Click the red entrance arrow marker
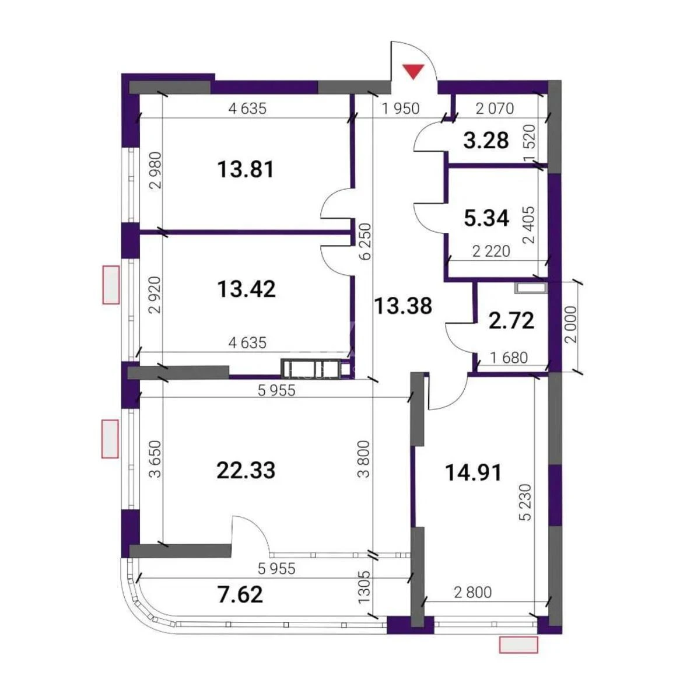click(413, 71)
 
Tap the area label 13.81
click(246, 170)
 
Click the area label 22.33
click(246, 470)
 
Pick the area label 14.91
click(473, 472)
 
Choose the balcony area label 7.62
click(239, 594)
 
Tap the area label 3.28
click(486, 140)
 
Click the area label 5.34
click(486, 218)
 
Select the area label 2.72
click(511, 320)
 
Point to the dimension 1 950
click(400, 108)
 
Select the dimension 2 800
click(472, 593)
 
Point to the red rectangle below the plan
click(518, 644)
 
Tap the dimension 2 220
click(491, 251)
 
